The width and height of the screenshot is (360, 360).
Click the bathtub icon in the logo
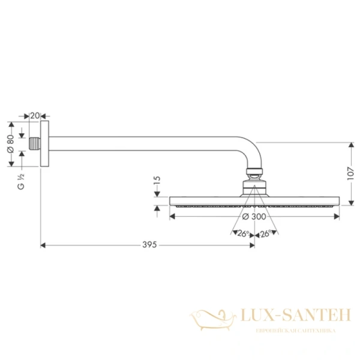[210, 316]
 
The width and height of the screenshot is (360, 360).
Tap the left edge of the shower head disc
[172, 200]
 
